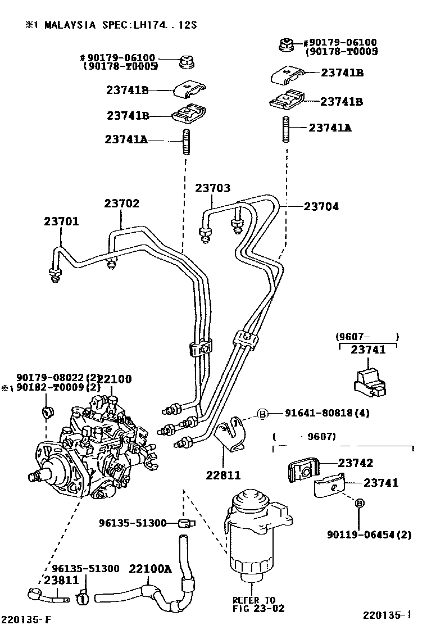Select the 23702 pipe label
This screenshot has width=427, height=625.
point(121,204)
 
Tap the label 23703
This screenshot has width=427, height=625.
point(213,188)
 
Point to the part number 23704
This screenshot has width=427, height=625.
point(321,207)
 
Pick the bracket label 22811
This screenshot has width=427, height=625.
point(222,475)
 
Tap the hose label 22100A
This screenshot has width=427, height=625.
point(150,568)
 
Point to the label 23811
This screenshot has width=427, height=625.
point(62,579)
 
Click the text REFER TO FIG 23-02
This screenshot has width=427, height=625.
point(258,604)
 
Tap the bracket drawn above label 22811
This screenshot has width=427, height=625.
point(232,436)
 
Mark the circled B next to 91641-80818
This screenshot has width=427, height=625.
point(262,414)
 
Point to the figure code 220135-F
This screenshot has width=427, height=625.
point(25,619)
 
